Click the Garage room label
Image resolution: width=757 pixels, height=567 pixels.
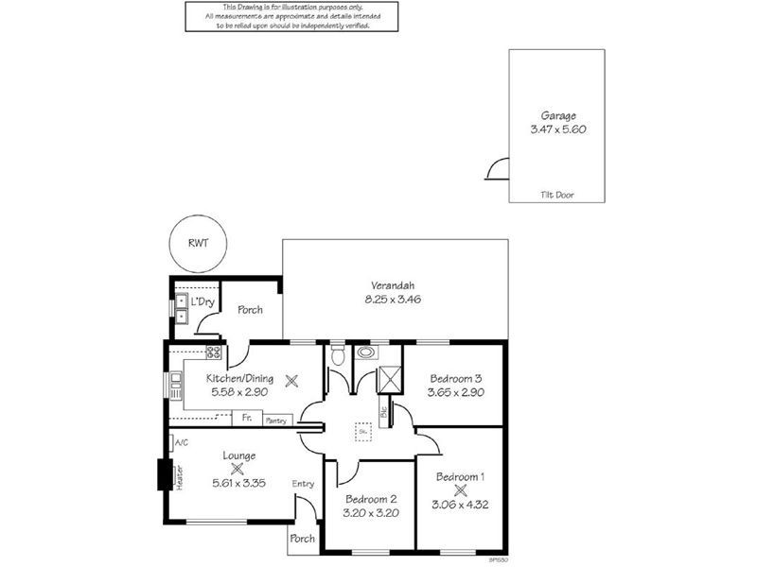557,115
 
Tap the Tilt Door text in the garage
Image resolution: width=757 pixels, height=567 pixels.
557,196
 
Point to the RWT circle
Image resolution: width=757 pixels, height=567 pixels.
198,243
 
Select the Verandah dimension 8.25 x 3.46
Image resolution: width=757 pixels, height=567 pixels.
392,300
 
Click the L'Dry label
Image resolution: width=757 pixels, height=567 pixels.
202,301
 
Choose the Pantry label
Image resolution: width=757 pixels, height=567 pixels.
275,420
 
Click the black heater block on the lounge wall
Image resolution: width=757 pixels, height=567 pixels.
162,474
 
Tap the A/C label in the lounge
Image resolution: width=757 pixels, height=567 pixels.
182,442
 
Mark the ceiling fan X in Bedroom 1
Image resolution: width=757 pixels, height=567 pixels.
461,490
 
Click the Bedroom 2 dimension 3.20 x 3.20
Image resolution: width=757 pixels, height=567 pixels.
370,513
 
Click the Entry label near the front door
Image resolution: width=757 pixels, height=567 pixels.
303,484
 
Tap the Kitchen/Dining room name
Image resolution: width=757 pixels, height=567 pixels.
239,378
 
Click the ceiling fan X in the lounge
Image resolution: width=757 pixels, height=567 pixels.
238,468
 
